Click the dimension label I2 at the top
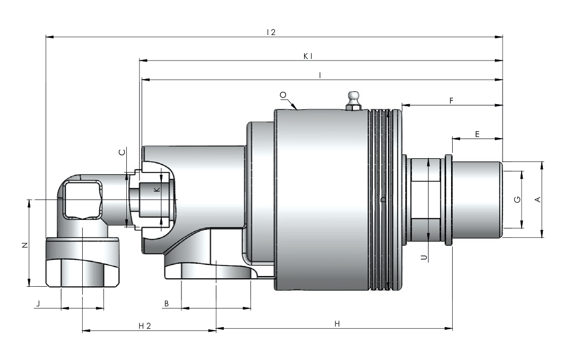pyautogui.click(x=271, y=32)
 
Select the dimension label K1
pyautogui.click(x=308, y=56)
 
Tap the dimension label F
pyautogui.click(x=451, y=100)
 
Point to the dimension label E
pyautogui.click(x=477, y=134)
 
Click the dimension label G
pyautogui.click(x=517, y=199)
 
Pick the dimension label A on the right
pyautogui.click(x=538, y=199)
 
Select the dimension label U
pyautogui.click(x=423, y=257)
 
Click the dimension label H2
pyautogui.click(x=144, y=325)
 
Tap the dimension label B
pyautogui.click(x=167, y=304)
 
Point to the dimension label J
pyautogui.click(x=38, y=304)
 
